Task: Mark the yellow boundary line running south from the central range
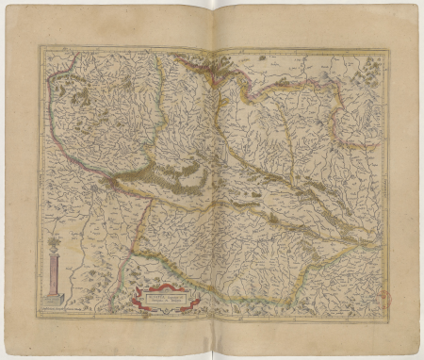click(x=140, y=226)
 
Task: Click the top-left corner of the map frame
click(x=40, y=46)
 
